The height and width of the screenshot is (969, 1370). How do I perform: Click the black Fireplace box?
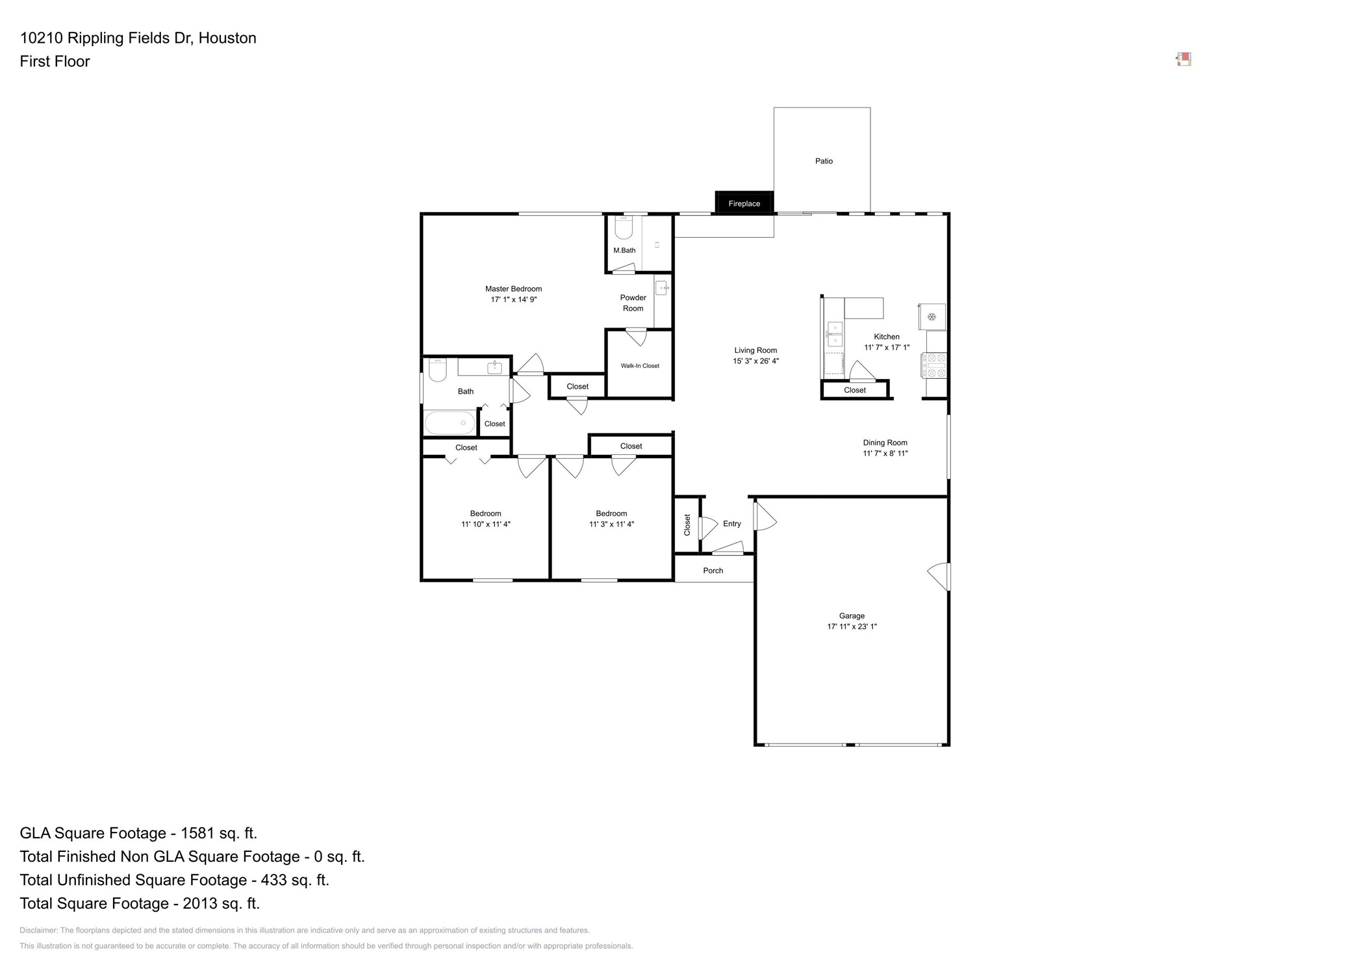[x=743, y=203]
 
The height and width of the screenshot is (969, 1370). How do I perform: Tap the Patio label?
[x=823, y=161]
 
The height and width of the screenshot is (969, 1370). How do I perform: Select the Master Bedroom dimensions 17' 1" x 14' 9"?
[x=513, y=300]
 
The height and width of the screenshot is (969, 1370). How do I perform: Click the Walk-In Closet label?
[x=639, y=366]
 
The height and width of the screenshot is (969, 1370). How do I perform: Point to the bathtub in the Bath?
[x=449, y=423]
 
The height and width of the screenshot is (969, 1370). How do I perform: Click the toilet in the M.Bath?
[x=624, y=227]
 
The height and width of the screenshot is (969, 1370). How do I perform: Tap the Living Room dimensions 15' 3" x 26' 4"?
[x=755, y=361]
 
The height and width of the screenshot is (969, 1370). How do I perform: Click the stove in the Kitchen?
[x=934, y=365]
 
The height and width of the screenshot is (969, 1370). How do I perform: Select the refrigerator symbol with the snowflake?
[x=931, y=317]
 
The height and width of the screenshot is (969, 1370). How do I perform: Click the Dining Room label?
[x=884, y=443]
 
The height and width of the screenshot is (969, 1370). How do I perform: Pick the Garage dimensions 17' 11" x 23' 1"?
[x=851, y=627]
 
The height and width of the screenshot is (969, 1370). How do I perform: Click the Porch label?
[x=713, y=571]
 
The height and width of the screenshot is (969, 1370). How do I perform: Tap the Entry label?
[x=731, y=524]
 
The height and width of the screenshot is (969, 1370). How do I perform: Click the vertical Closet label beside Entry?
[x=687, y=524]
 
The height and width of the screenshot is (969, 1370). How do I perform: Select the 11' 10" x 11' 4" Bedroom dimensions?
[x=485, y=524]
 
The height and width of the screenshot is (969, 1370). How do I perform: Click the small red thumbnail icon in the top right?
[x=1183, y=59]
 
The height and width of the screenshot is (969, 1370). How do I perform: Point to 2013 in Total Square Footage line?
[x=200, y=903]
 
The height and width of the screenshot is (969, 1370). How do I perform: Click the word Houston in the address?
[x=227, y=38]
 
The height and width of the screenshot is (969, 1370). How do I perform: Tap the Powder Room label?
[x=632, y=303]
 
